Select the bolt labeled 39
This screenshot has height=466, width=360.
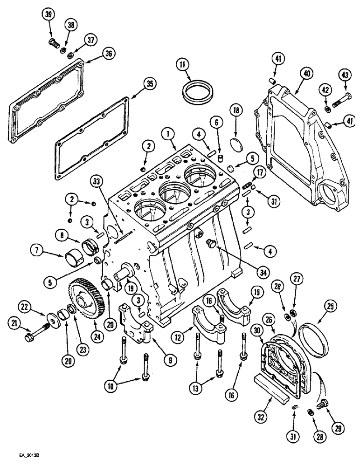tap(53, 44)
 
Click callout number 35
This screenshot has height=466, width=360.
tap(148, 84)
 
